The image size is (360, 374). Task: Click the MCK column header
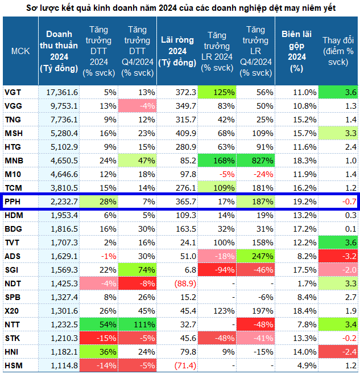tap(20, 51)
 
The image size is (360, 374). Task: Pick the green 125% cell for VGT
tap(216, 92)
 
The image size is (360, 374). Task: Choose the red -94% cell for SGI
tap(217, 270)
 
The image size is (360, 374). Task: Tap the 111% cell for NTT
tap(138, 324)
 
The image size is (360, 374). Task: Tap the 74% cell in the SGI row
tap(138, 270)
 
